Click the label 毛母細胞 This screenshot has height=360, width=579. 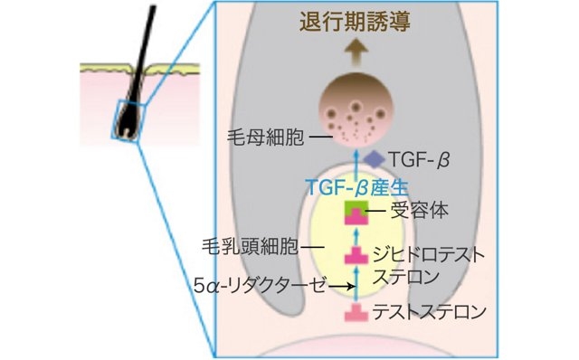(x=263, y=139)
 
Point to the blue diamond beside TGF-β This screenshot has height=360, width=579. (x=374, y=159)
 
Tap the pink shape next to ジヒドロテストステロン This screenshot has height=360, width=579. (x=356, y=256)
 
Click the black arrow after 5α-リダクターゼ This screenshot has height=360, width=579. (x=339, y=286)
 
